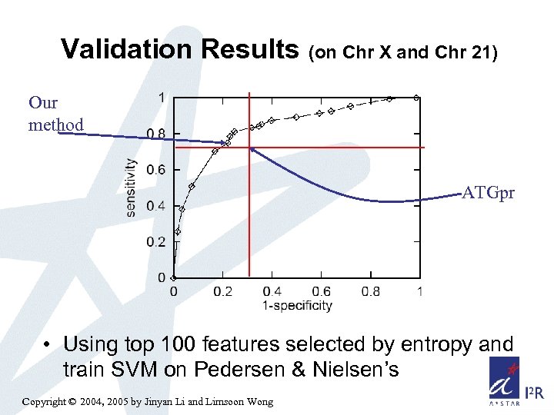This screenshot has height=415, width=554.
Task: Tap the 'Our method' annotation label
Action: tap(55, 113)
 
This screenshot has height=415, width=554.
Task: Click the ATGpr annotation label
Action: tap(489, 193)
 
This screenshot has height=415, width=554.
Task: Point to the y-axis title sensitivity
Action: tap(132, 188)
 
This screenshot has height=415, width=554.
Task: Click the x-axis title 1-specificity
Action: tap(297, 305)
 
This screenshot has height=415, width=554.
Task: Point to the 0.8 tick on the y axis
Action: tap(155, 134)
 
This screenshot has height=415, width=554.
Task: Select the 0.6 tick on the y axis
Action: tap(155, 170)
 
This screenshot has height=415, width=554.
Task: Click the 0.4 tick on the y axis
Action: tap(155, 206)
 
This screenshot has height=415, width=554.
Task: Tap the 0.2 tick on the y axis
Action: tap(155, 242)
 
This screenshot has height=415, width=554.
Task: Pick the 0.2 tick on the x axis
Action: tap(222, 291)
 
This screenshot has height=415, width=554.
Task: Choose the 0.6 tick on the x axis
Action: tap(321, 291)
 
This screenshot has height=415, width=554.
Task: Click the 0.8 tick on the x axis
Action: tap(371, 291)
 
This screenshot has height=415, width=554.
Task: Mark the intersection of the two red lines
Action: tap(249, 147)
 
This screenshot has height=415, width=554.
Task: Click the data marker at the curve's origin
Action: tap(174, 277)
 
